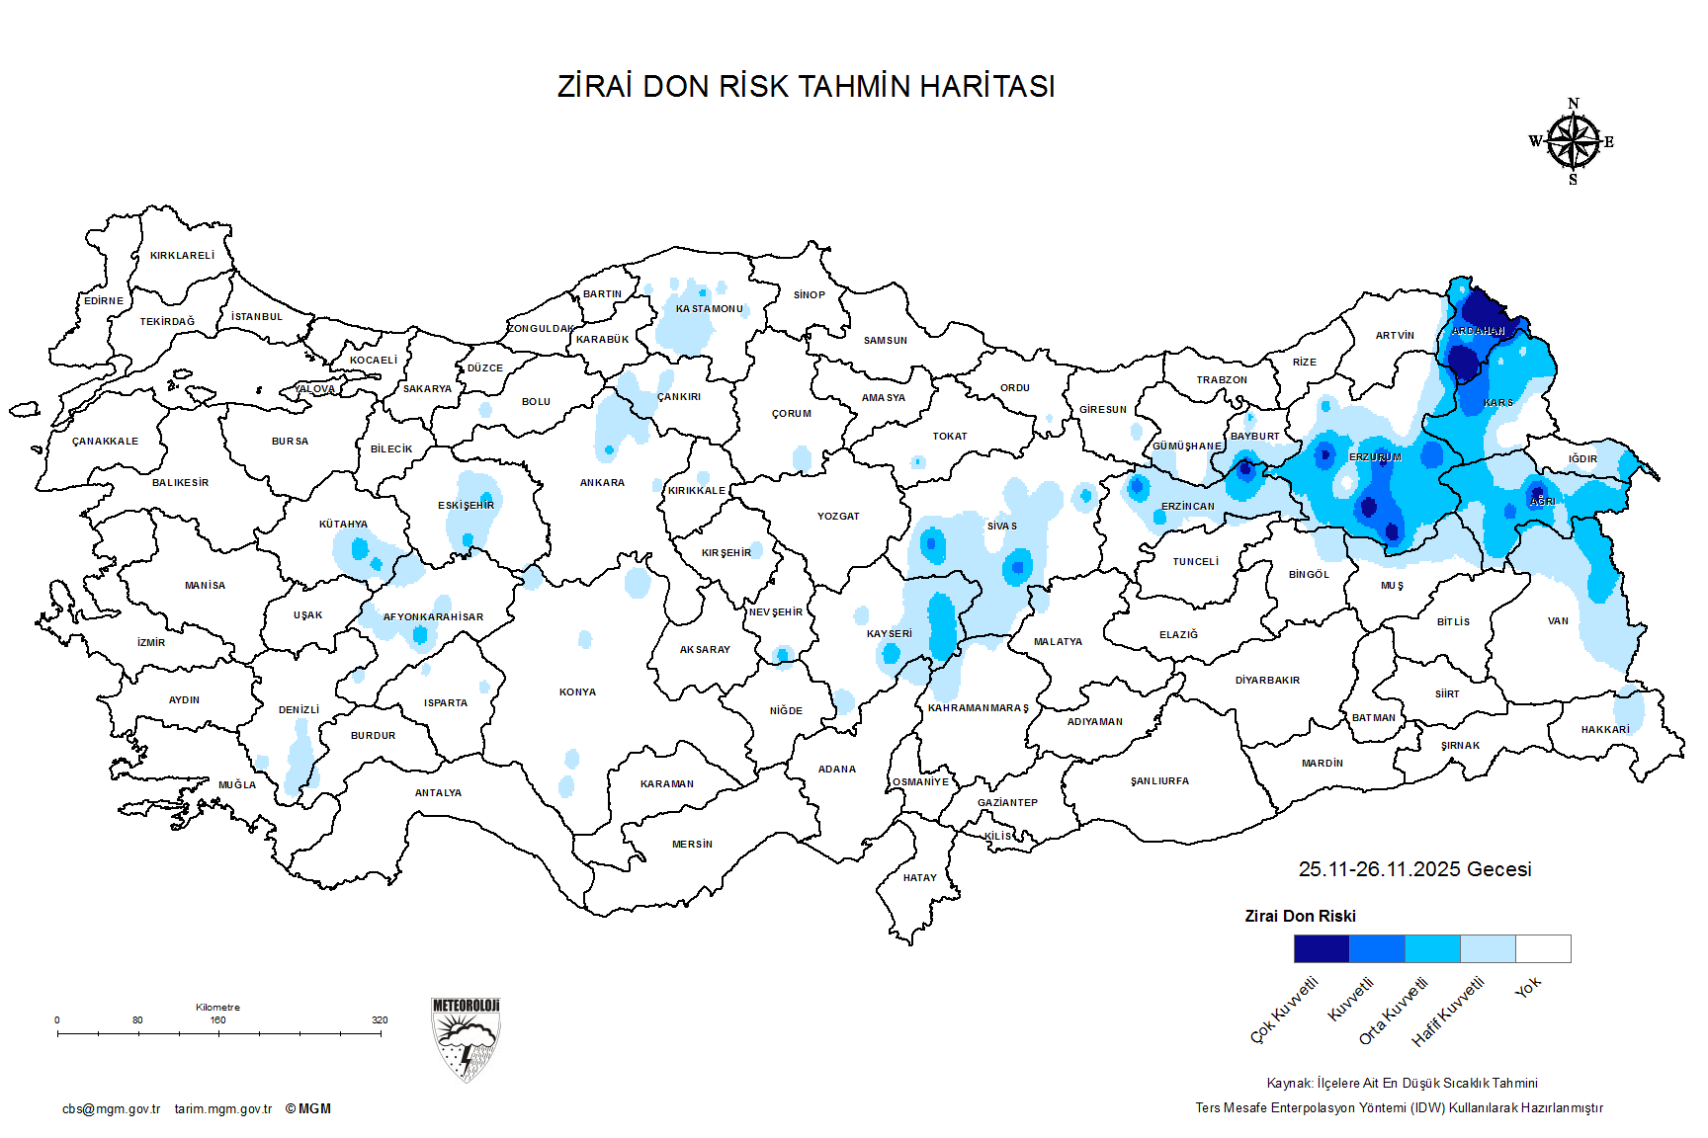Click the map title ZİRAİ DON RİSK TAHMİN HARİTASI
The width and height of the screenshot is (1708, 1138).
tap(806, 87)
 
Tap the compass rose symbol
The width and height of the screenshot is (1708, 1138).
tap(1573, 142)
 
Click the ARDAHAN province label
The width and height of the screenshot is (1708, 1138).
tap(1478, 331)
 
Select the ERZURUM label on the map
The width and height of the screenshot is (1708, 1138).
tap(1375, 457)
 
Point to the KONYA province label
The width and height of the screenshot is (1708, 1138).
tap(577, 692)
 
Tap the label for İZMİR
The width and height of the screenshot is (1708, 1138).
tap(151, 643)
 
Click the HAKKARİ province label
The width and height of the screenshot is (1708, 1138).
tap(1605, 730)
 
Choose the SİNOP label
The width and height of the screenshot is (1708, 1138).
tap(809, 295)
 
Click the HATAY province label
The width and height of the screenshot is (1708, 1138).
tap(919, 878)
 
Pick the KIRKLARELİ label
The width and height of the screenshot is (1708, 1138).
tap(182, 256)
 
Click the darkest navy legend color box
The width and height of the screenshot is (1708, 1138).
tap(1322, 949)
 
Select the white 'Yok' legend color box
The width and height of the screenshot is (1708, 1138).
tap(1543, 949)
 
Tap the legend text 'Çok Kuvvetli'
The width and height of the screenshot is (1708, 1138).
tap(1284, 1011)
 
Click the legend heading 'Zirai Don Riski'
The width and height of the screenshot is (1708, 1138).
tap(1300, 917)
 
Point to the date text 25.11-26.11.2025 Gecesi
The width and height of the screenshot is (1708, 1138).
tap(1414, 869)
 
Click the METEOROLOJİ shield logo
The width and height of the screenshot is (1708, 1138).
tap(466, 1039)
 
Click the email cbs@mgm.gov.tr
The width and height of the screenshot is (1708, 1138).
tap(111, 1109)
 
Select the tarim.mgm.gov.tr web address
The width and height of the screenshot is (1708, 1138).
tap(223, 1109)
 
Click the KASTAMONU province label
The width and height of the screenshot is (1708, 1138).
tap(709, 309)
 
